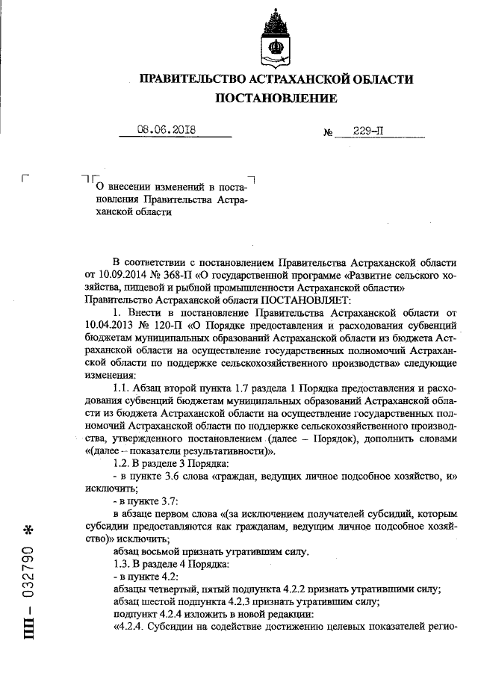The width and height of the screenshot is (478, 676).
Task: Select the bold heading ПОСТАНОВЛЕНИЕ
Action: [x=276, y=99]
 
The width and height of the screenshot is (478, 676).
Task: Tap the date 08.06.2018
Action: [x=166, y=129]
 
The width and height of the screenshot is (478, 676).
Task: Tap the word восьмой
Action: [x=155, y=551]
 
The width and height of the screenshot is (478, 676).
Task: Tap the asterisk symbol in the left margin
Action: [x=28, y=531]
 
